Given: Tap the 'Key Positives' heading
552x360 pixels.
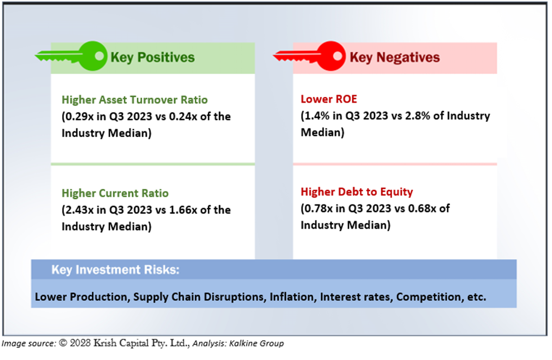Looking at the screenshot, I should point(152,57).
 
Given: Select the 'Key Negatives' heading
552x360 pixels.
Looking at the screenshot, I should point(394,57).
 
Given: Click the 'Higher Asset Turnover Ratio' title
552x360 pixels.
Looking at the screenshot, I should point(135,100).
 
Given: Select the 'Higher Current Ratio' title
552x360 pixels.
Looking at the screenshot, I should point(115,193).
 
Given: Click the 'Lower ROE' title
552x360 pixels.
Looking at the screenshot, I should point(323,99).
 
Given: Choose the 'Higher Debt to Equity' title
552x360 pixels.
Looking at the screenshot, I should point(357,192).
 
